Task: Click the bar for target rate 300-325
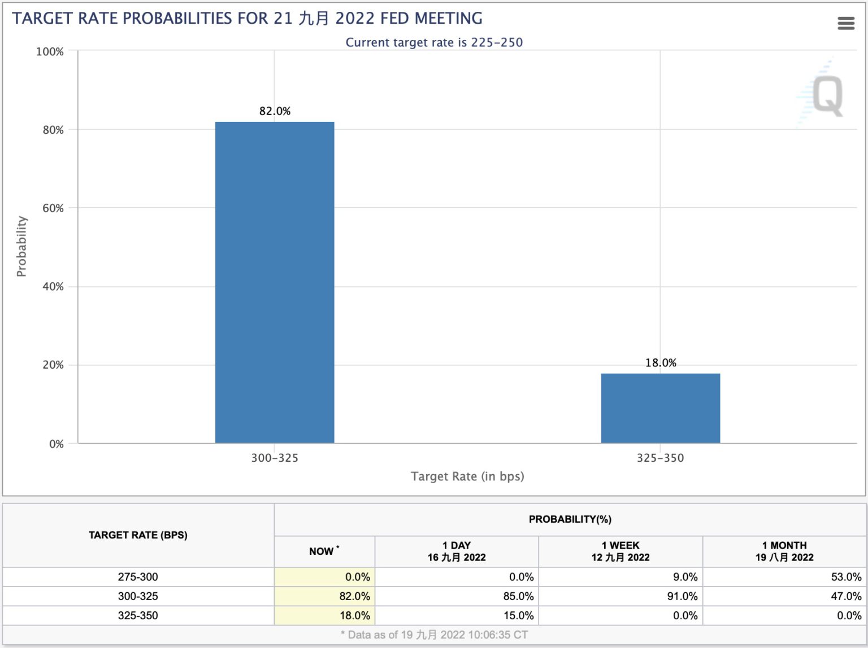[x=275, y=282]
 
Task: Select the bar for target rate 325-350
[x=660, y=408]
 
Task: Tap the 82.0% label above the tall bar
[x=275, y=111]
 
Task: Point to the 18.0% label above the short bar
[x=661, y=363]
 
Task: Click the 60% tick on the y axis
[x=53, y=208]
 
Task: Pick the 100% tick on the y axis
[x=50, y=52]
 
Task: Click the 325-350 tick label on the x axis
[x=660, y=458]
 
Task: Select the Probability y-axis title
[x=21, y=246]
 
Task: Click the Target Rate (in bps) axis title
[x=467, y=476]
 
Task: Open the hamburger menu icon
[x=845, y=23]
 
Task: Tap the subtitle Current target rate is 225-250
[x=434, y=42]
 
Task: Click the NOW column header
[x=324, y=551]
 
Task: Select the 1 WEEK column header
[x=620, y=551]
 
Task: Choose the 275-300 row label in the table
[x=138, y=577]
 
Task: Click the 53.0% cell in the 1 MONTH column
[x=846, y=577]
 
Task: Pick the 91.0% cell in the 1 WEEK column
[x=682, y=596]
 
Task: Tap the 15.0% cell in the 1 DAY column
[x=518, y=615]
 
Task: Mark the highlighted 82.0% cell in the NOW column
[x=354, y=596]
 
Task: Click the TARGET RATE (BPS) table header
[x=138, y=535]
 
